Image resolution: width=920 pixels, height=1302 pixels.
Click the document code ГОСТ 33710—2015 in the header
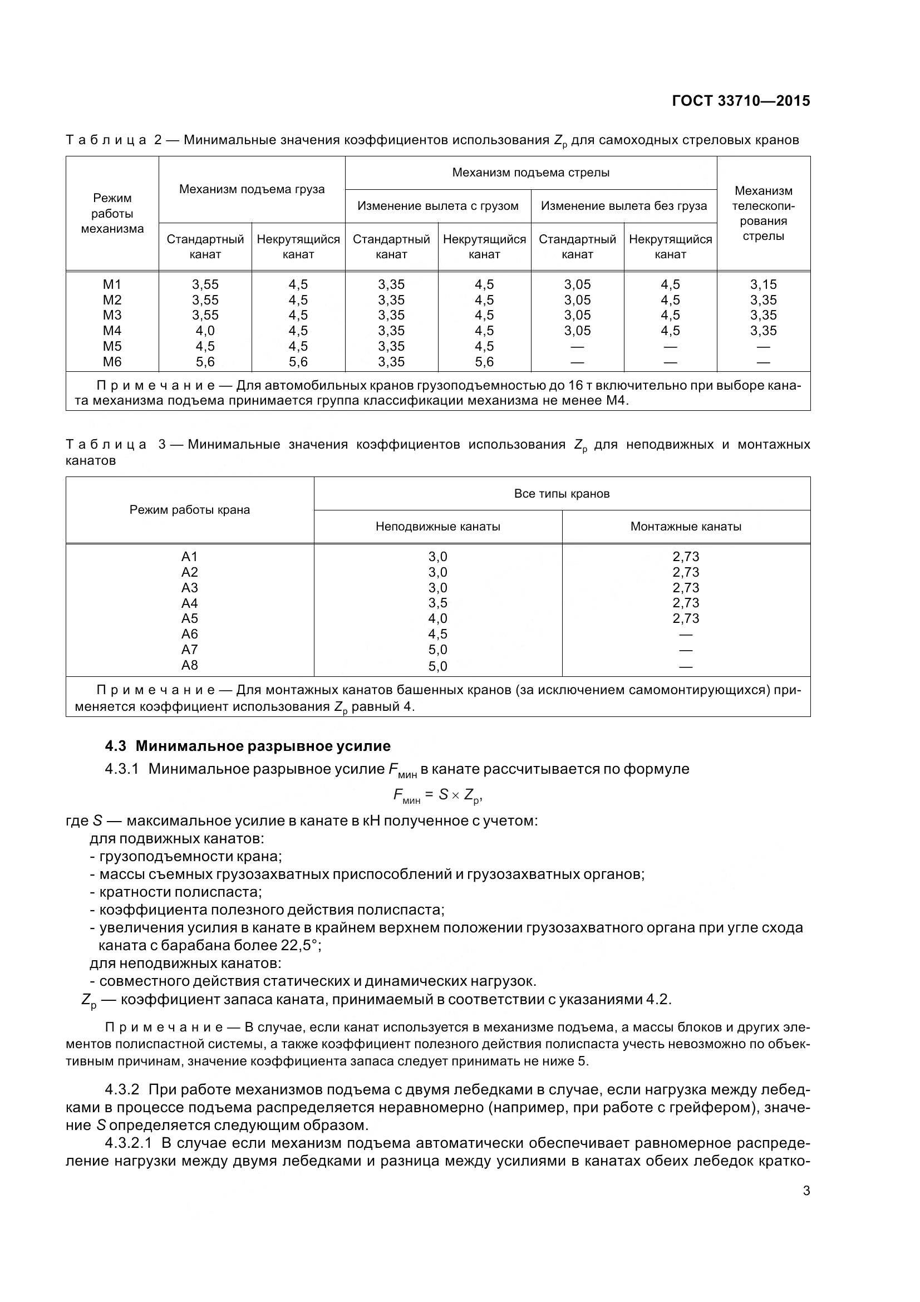(x=741, y=101)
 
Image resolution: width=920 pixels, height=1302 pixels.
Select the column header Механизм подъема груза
(x=252, y=189)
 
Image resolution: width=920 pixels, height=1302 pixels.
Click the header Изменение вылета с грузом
(x=437, y=206)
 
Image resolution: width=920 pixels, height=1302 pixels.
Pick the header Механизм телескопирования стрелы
(x=763, y=213)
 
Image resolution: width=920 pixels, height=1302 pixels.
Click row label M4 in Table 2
(x=112, y=331)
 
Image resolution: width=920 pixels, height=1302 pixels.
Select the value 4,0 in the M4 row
(x=205, y=331)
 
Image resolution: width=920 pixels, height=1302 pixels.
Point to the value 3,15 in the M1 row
(x=763, y=284)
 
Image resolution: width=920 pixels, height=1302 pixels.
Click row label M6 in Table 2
(x=112, y=362)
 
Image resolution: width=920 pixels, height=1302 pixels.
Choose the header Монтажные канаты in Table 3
(x=686, y=527)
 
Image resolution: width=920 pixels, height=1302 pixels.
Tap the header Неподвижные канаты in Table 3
(x=437, y=527)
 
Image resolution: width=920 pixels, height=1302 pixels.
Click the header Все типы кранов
(x=562, y=494)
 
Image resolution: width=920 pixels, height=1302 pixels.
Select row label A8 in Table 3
(x=189, y=665)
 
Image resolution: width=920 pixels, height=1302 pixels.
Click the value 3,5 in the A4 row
(x=437, y=603)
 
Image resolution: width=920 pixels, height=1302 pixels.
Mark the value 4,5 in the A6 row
(x=437, y=634)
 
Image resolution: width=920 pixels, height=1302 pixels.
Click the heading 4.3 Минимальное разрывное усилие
(x=248, y=746)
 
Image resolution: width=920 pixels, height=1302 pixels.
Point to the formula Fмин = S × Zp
(x=437, y=796)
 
